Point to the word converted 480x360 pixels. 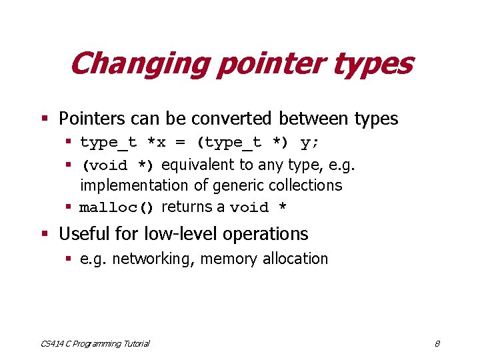pyautogui.click(x=231, y=119)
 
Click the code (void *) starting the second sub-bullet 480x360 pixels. pyautogui.click(x=117, y=165)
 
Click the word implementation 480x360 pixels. pyautogui.click(x=132, y=186)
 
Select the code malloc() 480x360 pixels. pyautogui.click(x=117, y=207)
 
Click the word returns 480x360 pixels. pyautogui.click(x=187, y=207)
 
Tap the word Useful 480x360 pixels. pyautogui.click(x=83, y=234)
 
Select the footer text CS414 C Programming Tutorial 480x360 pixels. pyautogui.click(x=95, y=343)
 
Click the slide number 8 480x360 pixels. pyautogui.click(x=437, y=343)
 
